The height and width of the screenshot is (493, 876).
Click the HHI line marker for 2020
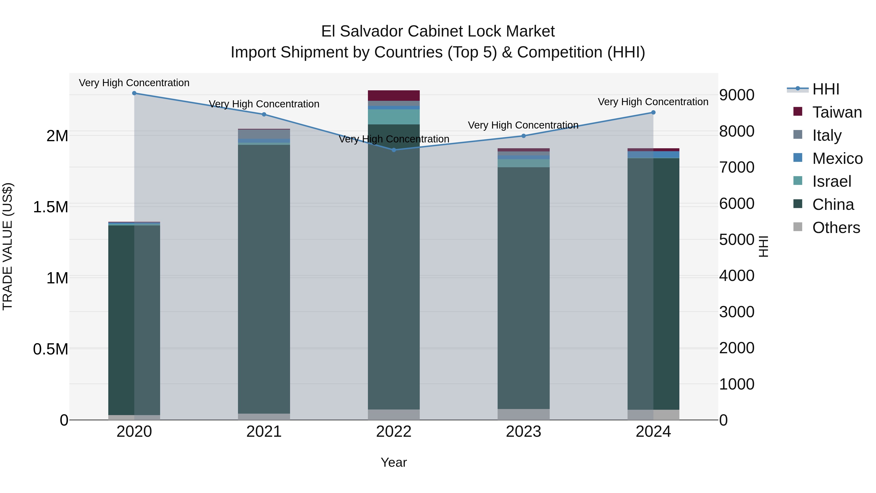[134, 93]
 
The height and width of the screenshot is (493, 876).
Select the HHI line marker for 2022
[394, 150]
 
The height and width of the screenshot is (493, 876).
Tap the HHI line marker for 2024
[653, 113]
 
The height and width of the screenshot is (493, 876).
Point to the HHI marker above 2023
[524, 136]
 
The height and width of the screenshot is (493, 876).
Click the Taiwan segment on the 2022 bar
[394, 96]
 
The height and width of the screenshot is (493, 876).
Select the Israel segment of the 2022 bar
[394, 117]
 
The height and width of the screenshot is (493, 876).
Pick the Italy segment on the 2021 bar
[264, 134]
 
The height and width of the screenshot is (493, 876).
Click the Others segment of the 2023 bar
[524, 414]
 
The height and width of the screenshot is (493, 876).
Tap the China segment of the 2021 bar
[264, 279]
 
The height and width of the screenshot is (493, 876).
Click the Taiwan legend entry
[837, 112]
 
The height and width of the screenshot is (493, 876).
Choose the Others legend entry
[836, 228]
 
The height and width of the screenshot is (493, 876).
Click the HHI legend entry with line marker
[825, 89]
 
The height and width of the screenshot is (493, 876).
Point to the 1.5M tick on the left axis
[50, 207]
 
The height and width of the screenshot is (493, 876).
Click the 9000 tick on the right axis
[737, 95]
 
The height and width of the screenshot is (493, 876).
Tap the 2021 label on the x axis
[264, 432]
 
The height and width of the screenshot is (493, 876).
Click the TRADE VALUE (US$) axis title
[8, 246]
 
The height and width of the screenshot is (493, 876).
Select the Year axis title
[394, 462]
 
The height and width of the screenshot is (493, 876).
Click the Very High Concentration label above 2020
[134, 83]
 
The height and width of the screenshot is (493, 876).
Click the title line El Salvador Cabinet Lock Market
[438, 31]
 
